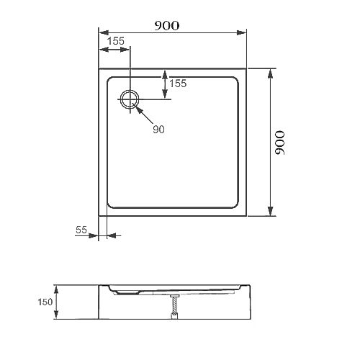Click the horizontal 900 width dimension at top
(x=166, y=26)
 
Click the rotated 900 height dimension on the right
(x=280, y=143)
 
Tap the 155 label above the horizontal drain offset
(x=116, y=41)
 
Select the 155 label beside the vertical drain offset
(x=178, y=84)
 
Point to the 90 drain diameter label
(x=158, y=130)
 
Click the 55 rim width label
(x=81, y=230)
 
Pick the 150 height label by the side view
(x=45, y=302)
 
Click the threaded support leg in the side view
(x=174, y=305)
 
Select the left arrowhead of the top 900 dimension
(x=104, y=33)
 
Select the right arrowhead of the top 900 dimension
(x=241, y=33)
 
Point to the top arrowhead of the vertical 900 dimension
(x=270, y=73)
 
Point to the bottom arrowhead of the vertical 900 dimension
(x=270, y=211)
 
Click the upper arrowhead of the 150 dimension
(x=56, y=290)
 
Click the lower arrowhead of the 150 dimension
(x=56, y=314)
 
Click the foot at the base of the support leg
(x=174, y=316)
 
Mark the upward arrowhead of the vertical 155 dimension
(x=165, y=75)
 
